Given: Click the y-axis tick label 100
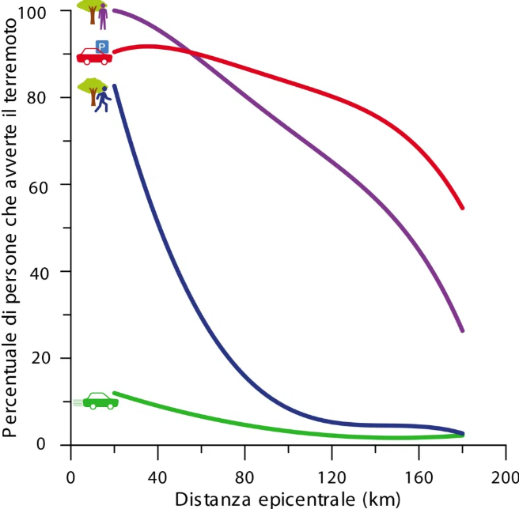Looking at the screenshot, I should (46, 12).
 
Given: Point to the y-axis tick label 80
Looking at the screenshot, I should (50, 98).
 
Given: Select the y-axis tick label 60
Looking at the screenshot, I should (50, 185).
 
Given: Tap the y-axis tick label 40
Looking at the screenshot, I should (50, 271).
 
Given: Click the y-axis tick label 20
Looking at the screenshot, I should (50, 358).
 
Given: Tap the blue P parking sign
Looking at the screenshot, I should (101, 46).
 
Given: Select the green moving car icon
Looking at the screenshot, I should (100, 401).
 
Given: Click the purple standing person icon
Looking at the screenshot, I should (103, 16).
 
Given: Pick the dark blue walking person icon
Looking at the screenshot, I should (101, 100).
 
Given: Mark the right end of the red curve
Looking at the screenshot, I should (462, 208).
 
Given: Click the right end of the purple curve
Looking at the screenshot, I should (462, 330).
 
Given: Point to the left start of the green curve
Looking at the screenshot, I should (115, 393).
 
